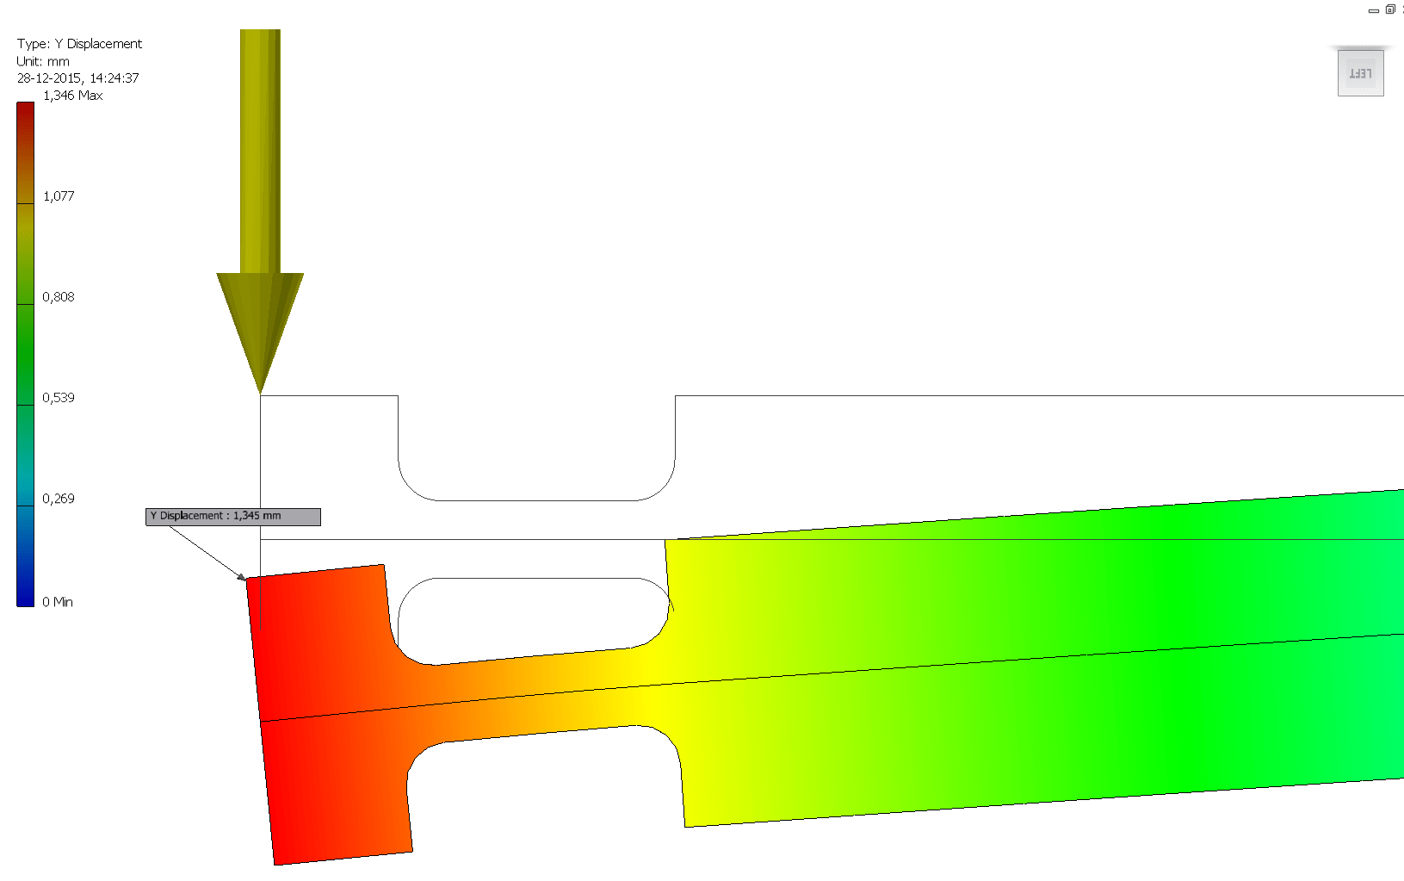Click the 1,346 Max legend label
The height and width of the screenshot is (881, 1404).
click(72, 96)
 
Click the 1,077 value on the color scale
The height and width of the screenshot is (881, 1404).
click(59, 196)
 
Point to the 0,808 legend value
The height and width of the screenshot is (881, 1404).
click(59, 297)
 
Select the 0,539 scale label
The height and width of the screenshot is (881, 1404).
click(59, 398)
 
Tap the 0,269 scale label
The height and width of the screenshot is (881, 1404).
click(59, 499)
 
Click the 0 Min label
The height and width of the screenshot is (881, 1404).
click(58, 602)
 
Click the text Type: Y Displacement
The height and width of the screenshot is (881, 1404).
click(79, 44)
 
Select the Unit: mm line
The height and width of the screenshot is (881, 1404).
click(43, 61)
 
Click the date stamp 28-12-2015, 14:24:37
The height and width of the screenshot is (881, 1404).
click(77, 78)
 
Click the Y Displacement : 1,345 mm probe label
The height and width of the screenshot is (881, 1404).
click(232, 517)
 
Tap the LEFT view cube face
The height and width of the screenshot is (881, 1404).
click(1360, 74)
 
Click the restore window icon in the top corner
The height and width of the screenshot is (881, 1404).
click(1389, 9)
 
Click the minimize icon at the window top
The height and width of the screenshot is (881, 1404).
click(1373, 10)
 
